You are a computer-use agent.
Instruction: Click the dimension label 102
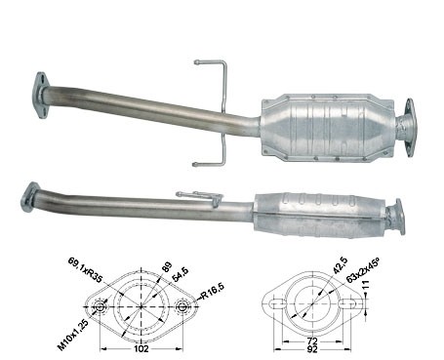point(141,349)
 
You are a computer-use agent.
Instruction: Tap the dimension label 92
point(312,349)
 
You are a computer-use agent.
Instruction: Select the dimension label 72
point(312,341)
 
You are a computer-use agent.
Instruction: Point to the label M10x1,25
point(73,335)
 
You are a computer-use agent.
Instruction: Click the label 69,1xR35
point(85,269)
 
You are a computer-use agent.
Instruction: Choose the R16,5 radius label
point(213,291)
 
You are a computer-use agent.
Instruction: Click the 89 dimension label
point(166,267)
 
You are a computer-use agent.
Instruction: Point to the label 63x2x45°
point(363,270)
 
